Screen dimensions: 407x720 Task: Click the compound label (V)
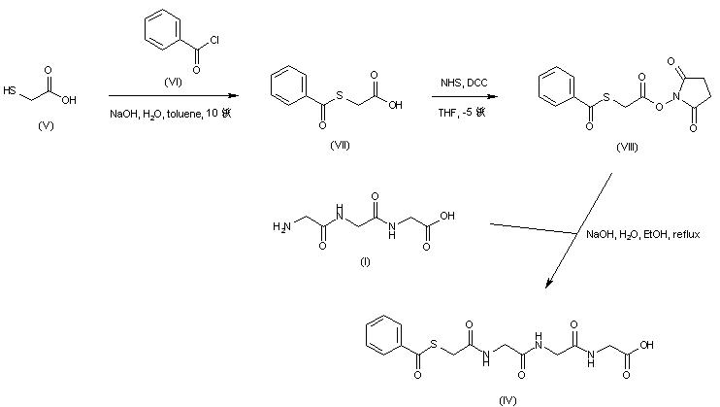point(44,126)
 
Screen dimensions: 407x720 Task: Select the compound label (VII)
point(335,145)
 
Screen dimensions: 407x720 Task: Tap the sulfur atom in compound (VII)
point(336,84)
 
